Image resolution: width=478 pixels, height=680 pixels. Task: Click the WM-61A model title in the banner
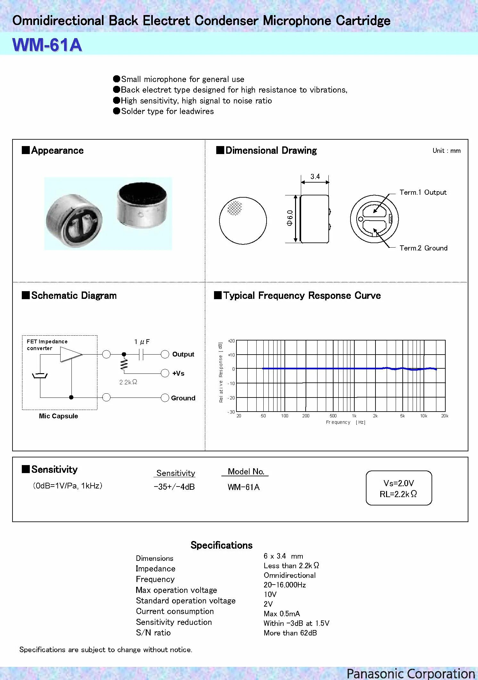coord(47,45)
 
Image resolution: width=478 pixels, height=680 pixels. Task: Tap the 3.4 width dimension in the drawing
coord(315,177)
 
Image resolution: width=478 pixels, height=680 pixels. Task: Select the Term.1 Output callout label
coord(423,193)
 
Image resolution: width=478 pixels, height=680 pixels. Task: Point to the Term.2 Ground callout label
coord(423,248)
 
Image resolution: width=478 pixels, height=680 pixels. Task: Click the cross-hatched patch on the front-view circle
coord(235,208)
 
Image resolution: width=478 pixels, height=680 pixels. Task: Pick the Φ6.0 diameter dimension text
coord(290,218)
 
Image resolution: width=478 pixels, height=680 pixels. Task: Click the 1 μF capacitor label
coord(142,342)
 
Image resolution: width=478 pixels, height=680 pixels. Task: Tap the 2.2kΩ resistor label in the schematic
coord(128,382)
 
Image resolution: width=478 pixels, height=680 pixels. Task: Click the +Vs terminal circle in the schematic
coord(165,373)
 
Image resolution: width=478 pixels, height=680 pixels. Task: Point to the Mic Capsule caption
coord(58,416)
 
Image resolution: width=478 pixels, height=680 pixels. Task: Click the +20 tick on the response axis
coord(231,341)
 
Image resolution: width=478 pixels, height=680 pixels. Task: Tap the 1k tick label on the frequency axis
coord(354,416)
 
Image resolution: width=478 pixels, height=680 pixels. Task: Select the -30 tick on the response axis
coord(231,412)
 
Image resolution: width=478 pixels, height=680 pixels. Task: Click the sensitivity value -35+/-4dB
coord(174,487)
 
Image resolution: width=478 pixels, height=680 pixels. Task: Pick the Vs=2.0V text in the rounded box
coord(399,483)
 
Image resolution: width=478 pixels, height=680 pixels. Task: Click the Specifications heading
coord(221,545)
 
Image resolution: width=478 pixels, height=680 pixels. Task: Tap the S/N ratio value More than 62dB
coord(290,633)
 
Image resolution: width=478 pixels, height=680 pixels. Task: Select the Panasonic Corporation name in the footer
coord(411,673)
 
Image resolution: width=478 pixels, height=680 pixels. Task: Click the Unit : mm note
coord(446,151)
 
